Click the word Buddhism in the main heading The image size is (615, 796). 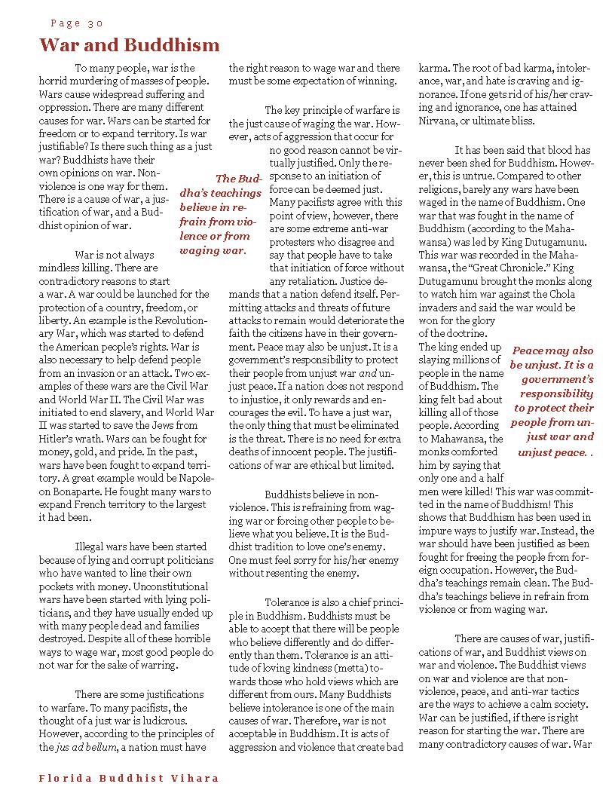point(169,45)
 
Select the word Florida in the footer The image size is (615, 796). point(65,778)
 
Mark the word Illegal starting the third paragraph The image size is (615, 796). point(93,545)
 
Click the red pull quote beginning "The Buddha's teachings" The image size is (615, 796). point(219,214)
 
